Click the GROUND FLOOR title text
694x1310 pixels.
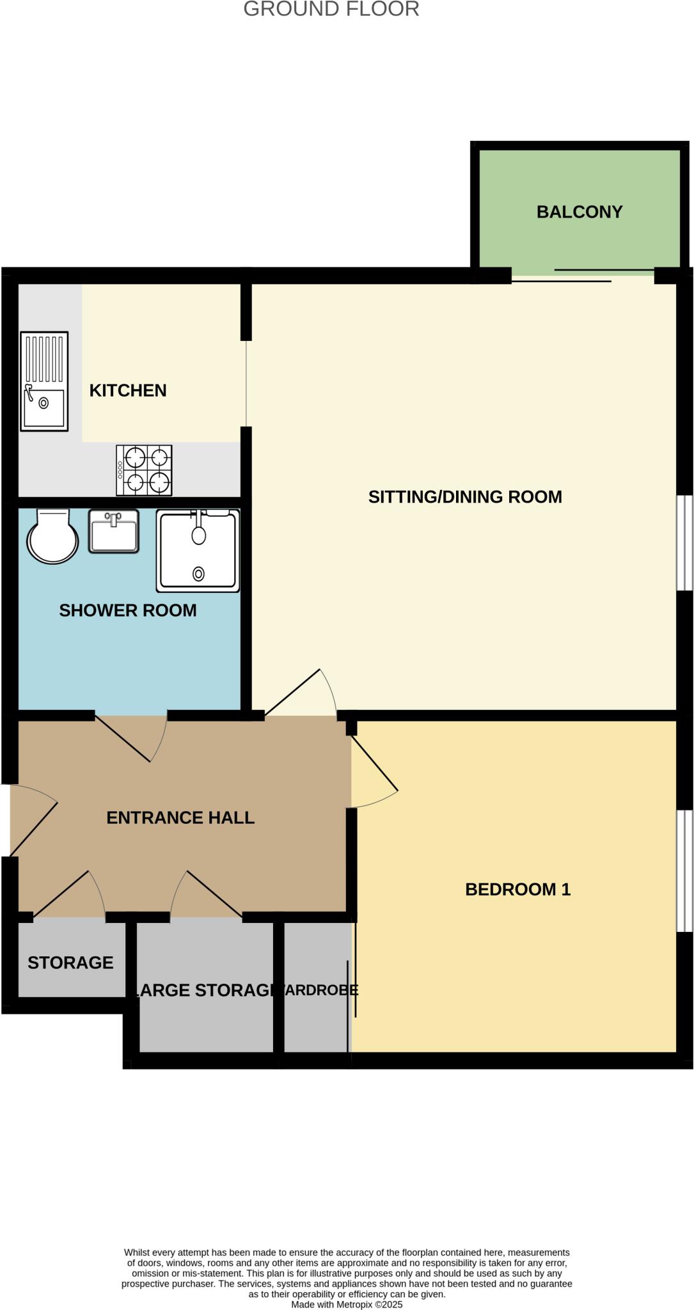pyautogui.click(x=331, y=9)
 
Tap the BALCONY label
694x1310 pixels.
pyautogui.click(x=579, y=212)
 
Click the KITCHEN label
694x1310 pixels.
pyautogui.click(x=128, y=390)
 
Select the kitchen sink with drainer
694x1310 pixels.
pyautogui.click(x=44, y=381)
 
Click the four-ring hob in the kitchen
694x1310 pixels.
pyautogui.click(x=144, y=470)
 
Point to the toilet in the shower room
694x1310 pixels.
pyautogui.click(x=52, y=536)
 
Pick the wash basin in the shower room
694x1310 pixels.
pyautogui.click(x=113, y=532)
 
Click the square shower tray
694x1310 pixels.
pyautogui.click(x=198, y=551)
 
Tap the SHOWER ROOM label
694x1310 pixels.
pyautogui.click(x=128, y=610)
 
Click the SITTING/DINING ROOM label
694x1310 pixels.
pyautogui.click(x=465, y=497)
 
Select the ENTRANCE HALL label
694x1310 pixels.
pyautogui.click(x=180, y=817)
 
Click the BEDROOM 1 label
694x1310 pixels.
pyautogui.click(x=517, y=889)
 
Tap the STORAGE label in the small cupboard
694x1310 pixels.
pyautogui.click(x=70, y=963)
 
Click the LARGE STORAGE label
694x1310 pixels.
pyautogui.click(x=203, y=990)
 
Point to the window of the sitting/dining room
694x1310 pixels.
pyautogui.click(x=684, y=542)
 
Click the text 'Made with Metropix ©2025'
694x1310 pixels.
pyautogui.click(x=347, y=1304)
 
